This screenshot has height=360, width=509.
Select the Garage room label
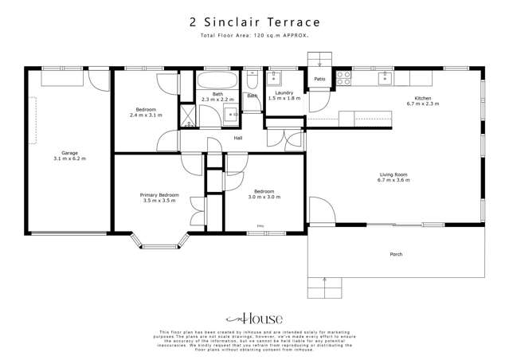69,153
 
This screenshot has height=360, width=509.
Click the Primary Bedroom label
159,195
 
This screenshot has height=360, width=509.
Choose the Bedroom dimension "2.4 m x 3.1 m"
145,115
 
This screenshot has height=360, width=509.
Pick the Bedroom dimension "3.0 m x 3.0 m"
264,196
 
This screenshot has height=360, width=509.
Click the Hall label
238,139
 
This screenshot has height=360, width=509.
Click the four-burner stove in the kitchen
345,78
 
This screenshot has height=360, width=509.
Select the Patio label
319,79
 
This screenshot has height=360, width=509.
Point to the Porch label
396,254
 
